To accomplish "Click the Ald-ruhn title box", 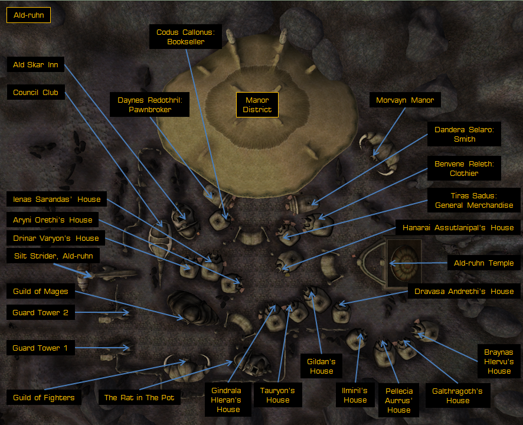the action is point(29,15).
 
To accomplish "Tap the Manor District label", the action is point(257,104).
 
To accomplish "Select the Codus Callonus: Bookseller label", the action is point(185,37).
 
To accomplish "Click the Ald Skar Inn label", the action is point(35,65).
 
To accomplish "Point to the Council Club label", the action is point(35,93).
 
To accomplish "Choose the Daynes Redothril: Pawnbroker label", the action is point(150,104).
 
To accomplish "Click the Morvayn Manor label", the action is point(405,100).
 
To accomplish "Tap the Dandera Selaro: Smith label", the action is point(465,134).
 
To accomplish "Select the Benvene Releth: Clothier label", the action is point(465,168).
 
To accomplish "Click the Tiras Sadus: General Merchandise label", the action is point(474,200).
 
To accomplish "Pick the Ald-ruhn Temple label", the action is point(483,263).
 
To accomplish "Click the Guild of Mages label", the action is point(40,291).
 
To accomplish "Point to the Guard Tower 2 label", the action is point(40,313).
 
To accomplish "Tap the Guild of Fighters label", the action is point(44,397).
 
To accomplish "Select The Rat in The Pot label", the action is point(139,397).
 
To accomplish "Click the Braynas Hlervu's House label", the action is point(499,361).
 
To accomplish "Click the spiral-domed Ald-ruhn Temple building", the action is point(404,263).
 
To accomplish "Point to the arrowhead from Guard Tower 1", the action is point(126,348).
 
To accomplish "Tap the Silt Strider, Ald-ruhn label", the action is point(53,256).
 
